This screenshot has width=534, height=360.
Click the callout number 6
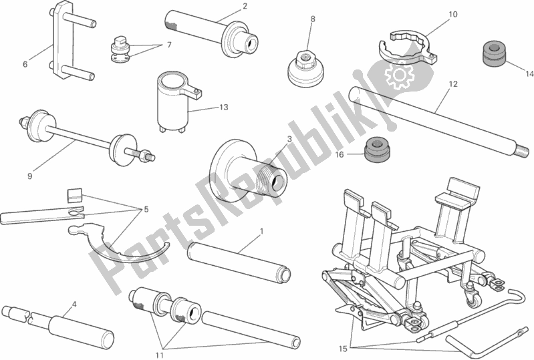25,64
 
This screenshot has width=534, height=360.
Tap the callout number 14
529,73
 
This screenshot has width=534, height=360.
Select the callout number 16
340,155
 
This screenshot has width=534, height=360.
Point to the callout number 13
223,108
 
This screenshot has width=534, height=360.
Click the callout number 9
29,176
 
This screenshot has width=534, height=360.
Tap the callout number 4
74,305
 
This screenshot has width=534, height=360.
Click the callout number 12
453,84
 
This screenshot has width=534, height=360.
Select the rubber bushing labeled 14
493,53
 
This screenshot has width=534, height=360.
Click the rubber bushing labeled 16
378,152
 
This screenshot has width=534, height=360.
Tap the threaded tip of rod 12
522,149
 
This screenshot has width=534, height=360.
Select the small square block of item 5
75,195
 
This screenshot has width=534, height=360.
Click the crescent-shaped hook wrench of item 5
118,243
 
